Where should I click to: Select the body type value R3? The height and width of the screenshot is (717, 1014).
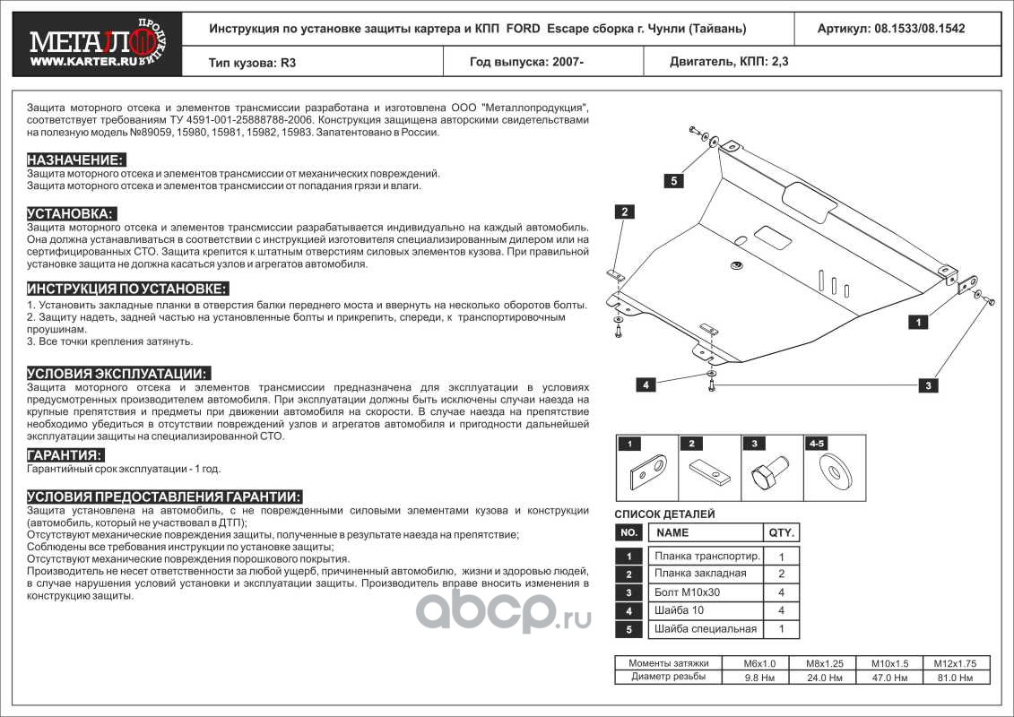(x=288, y=63)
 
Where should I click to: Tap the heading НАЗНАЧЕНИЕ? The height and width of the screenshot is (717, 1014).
(x=75, y=160)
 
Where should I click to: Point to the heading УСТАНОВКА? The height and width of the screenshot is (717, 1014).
(x=71, y=213)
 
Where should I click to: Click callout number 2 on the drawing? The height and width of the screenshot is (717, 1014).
(x=625, y=212)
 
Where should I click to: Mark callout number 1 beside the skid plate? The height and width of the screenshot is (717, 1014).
(x=918, y=322)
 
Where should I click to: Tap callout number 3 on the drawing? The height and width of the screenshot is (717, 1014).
(x=929, y=384)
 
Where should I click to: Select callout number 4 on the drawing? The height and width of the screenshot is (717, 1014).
(x=646, y=384)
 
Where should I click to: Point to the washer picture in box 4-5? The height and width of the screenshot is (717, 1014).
(x=836, y=471)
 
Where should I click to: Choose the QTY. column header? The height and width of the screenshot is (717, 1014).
(x=781, y=532)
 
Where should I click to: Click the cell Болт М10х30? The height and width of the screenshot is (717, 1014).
(x=687, y=592)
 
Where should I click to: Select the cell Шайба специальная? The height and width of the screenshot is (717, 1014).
(x=706, y=628)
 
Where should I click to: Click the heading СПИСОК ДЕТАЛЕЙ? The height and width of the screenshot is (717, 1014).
(x=664, y=514)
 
